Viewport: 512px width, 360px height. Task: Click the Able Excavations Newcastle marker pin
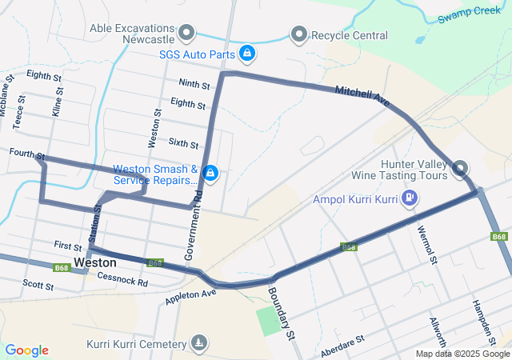(186, 33)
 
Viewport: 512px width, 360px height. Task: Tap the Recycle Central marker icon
(299, 34)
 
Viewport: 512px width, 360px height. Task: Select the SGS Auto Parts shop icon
(248, 53)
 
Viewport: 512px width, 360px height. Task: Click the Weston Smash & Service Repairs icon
(210, 173)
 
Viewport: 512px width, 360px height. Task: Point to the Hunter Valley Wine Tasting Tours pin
(461, 168)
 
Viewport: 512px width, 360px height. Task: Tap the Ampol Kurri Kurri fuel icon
(410, 197)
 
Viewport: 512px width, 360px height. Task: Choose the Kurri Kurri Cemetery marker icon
(198, 344)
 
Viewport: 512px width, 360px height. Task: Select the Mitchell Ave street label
(362, 98)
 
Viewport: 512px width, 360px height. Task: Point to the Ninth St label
(194, 84)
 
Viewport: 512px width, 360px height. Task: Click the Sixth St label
(183, 143)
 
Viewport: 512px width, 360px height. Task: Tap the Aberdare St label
(342, 347)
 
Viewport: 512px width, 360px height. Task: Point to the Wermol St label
(427, 245)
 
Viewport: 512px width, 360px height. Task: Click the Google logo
(27, 350)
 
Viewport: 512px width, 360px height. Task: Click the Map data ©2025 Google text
(462, 354)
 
